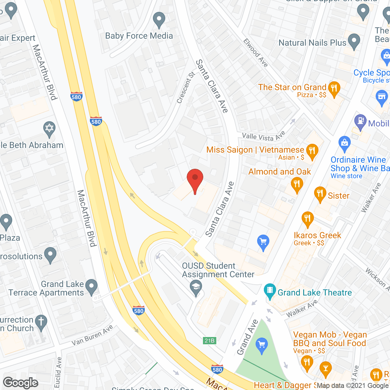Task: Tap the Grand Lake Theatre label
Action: tap(314, 293)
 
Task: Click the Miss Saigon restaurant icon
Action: tap(312, 151)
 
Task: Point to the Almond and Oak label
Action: tap(279, 172)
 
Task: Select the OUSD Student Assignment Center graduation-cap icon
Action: tap(196, 287)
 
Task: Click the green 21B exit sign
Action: tap(210, 341)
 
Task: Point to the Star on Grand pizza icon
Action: tap(334, 89)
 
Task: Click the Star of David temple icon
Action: tap(49, 129)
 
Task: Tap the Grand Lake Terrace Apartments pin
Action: tap(91, 287)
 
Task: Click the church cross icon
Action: tap(41, 322)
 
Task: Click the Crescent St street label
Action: tap(186, 87)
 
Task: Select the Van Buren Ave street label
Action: tap(92, 335)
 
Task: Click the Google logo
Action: tap(21, 383)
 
